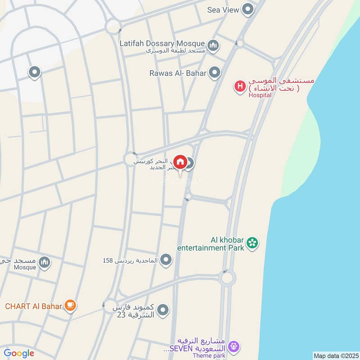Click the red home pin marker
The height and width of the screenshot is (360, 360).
point(180,162)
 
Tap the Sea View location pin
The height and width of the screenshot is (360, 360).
point(247,9)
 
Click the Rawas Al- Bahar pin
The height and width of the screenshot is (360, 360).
point(215,72)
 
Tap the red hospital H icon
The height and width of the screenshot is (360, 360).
point(240,85)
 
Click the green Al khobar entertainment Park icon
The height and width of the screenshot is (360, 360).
point(253,243)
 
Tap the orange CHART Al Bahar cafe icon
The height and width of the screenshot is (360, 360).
point(70,306)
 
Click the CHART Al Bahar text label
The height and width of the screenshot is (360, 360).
point(33,306)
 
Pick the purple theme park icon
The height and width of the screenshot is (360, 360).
point(233,346)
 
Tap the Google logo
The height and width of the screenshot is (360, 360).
point(19,353)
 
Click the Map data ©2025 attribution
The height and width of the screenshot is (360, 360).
point(335,356)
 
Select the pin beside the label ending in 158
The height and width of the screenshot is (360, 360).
point(166,260)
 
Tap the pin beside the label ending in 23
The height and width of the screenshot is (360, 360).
point(163,310)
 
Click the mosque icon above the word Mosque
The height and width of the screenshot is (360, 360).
point(44,262)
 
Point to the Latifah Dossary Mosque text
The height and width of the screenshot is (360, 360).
point(162,44)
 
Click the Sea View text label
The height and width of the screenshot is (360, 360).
point(222,9)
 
